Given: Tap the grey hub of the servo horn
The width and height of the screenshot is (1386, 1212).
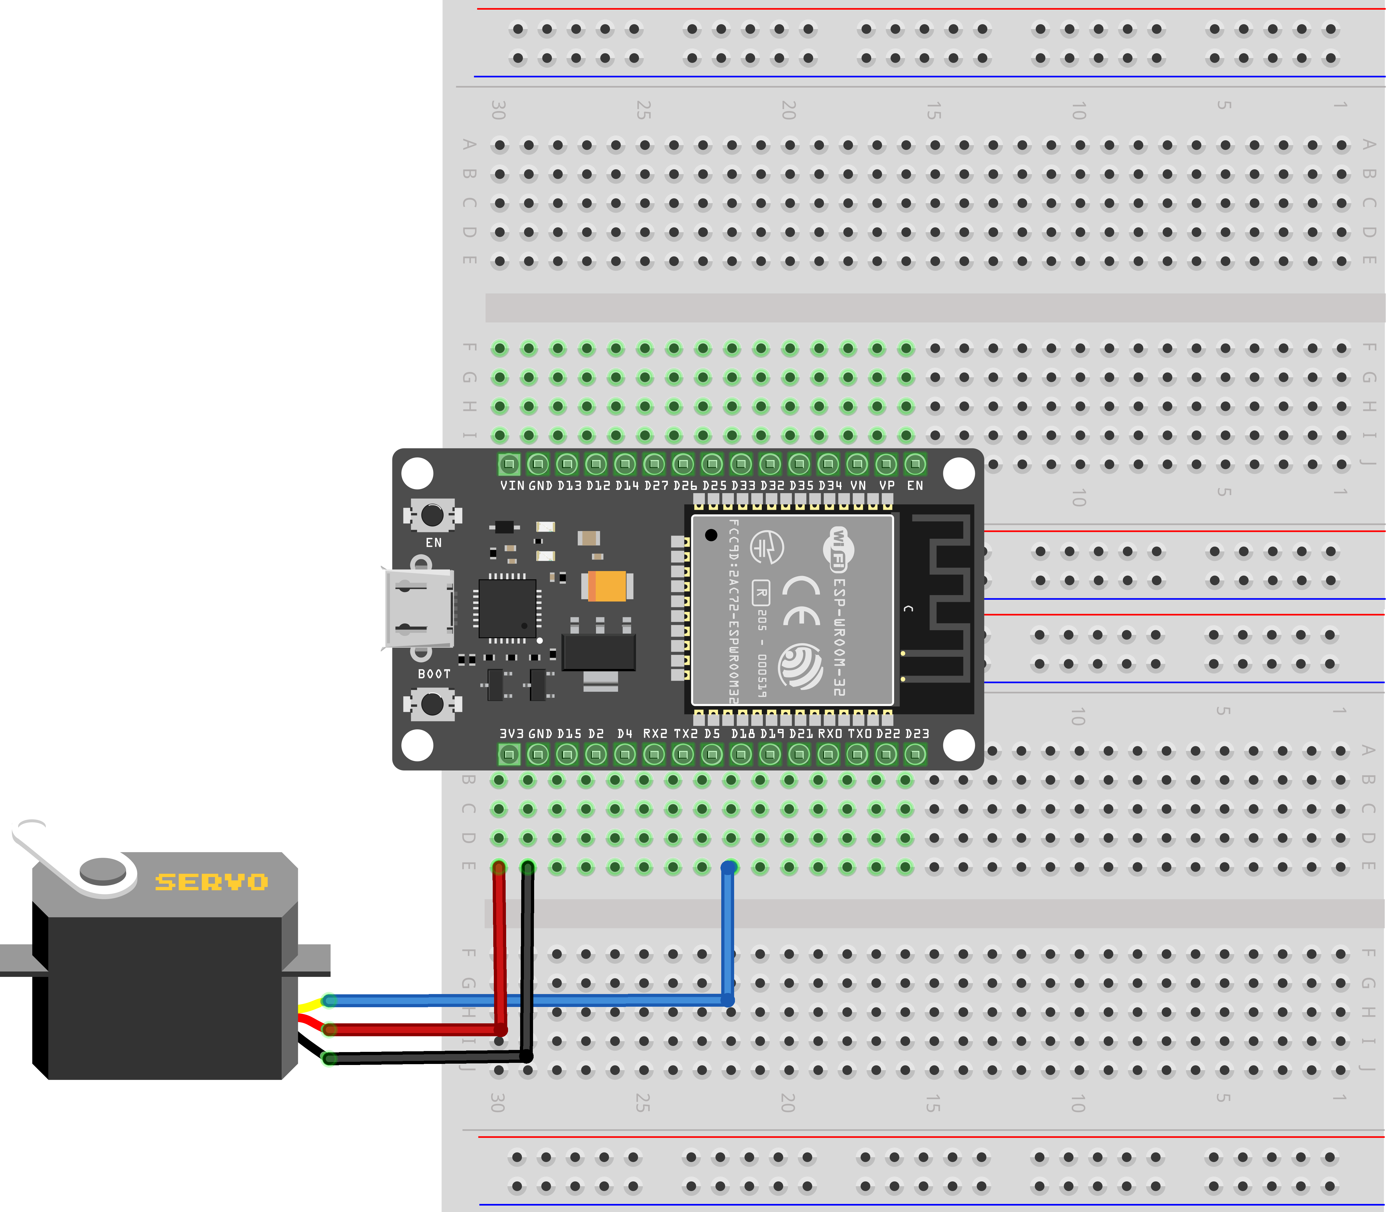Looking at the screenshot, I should [x=103, y=870].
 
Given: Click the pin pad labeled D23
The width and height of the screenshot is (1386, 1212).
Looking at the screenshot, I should [x=915, y=754].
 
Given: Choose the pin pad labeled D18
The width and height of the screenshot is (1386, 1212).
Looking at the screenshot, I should [x=741, y=754].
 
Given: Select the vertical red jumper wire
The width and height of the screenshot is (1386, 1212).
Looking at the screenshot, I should [x=500, y=947].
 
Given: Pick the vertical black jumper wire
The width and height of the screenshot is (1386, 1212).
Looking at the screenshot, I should [x=528, y=960].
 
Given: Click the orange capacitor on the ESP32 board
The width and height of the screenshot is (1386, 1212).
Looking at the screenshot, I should [x=607, y=586].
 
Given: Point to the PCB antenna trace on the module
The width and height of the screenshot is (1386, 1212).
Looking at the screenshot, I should [x=944, y=595].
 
